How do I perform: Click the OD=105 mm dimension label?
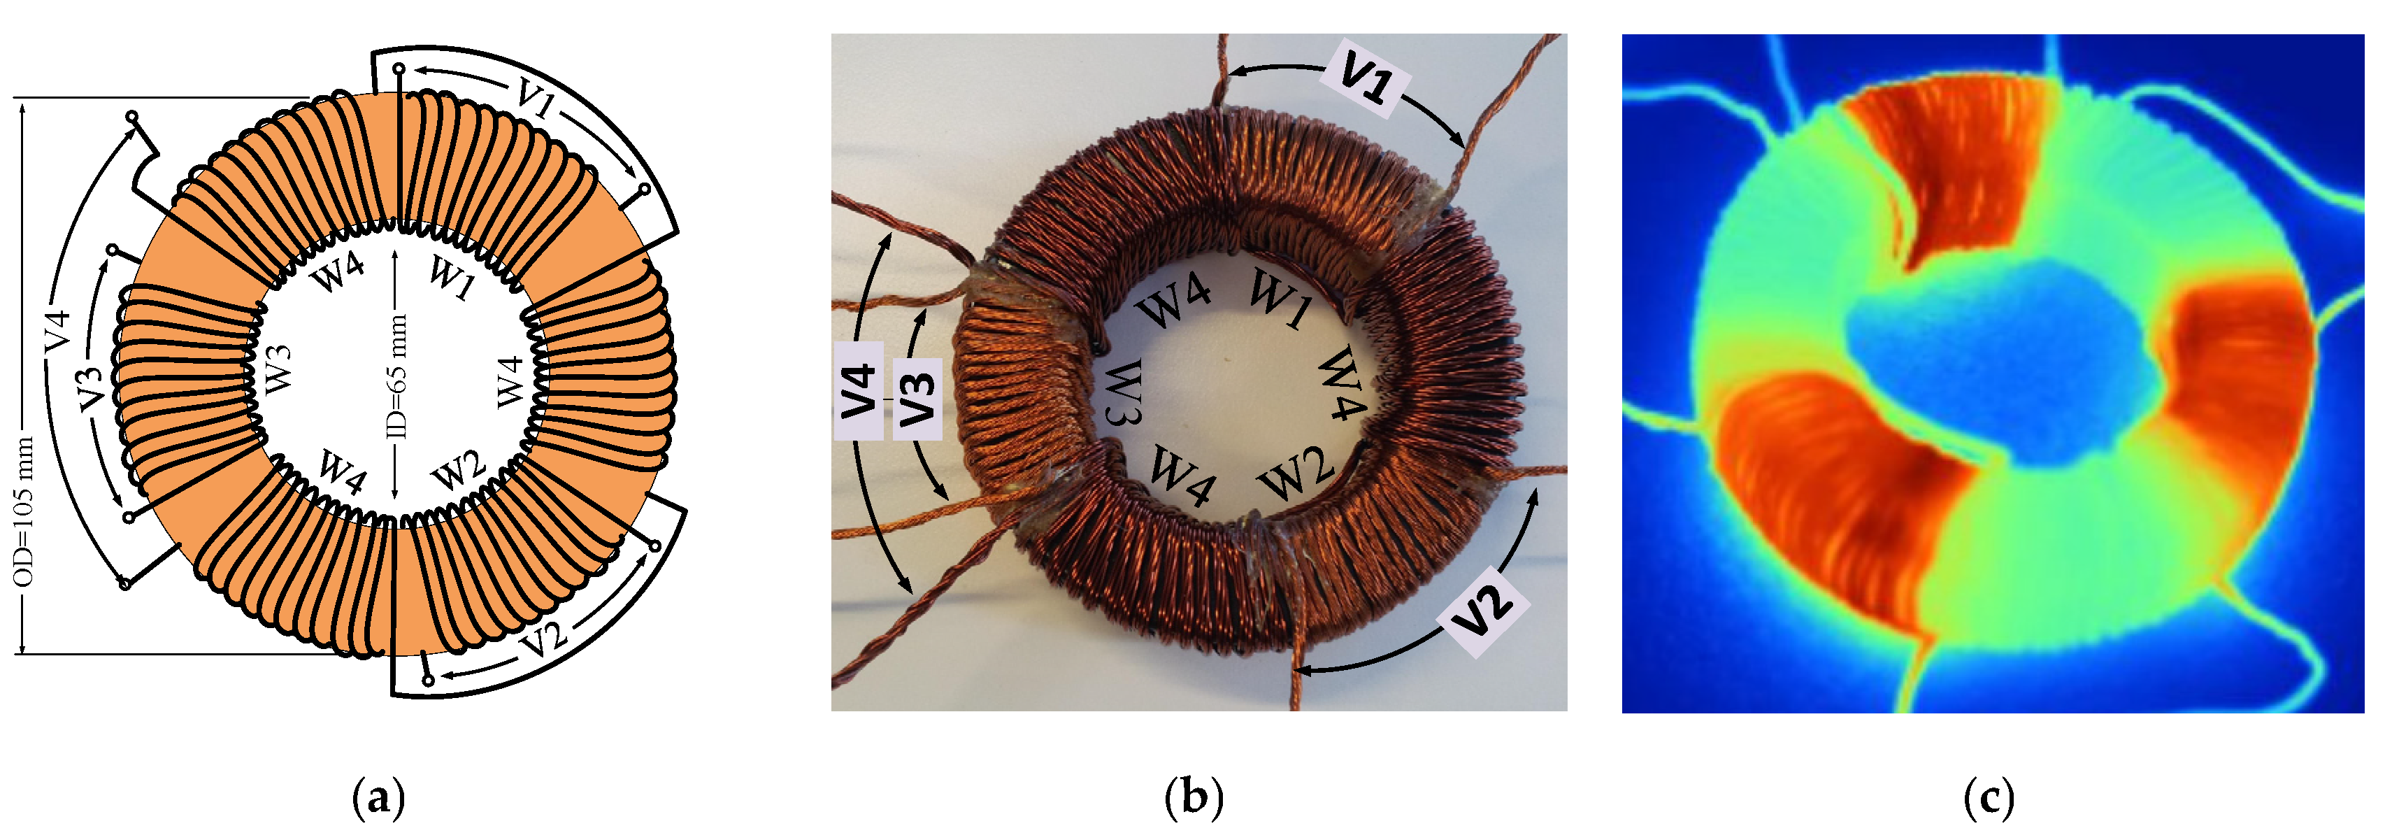coord(25,511)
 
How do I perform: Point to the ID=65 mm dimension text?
coord(396,376)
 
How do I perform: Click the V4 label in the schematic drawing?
coord(57,332)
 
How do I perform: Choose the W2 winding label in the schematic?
coord(458,470)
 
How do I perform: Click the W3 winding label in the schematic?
coord(277,368)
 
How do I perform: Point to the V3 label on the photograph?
coord(917,399)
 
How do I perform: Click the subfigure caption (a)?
coord(379,798)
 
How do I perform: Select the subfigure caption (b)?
coord(1194,798)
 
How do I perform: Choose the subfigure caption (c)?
coord(1990,798)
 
